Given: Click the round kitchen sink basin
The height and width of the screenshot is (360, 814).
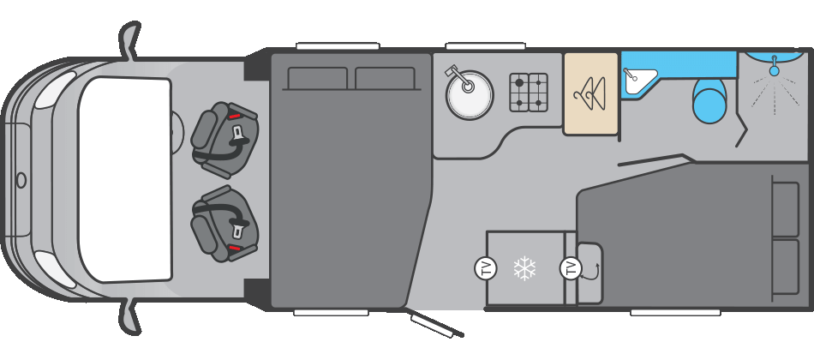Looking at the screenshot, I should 470,94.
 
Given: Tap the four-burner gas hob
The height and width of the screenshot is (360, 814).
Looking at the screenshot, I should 529,93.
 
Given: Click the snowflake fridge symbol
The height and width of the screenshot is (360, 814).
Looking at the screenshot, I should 524,268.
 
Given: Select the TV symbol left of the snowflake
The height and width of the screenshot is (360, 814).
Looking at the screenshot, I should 486,268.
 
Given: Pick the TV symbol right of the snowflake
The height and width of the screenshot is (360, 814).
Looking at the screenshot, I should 571,268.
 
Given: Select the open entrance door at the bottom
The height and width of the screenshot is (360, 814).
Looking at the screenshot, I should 436,325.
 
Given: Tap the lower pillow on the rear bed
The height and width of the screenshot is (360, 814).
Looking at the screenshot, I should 786,267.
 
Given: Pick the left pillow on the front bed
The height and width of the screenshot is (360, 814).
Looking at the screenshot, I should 318,79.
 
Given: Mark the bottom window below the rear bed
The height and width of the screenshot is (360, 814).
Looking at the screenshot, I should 675,313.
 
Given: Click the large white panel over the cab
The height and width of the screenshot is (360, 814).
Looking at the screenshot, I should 125,179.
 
